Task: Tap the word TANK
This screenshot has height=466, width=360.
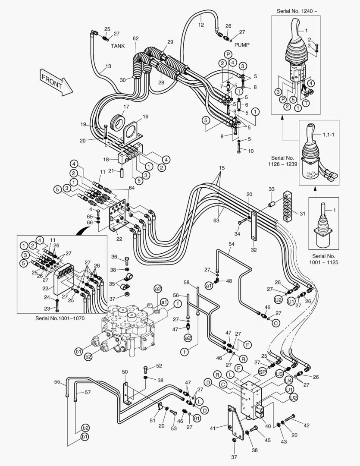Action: [x=118, y=45]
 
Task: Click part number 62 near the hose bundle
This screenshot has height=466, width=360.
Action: [x=135, y=38]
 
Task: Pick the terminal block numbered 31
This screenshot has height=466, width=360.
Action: [x=289, y=206]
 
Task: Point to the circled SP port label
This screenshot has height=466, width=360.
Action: [x=263, y=371]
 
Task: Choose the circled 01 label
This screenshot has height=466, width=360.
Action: [x=197, y=418]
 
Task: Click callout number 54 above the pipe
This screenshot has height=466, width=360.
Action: [x=231, y=244]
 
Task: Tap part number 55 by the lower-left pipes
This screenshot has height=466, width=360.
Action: [x=57, y=382]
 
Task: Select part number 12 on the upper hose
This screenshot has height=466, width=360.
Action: [x=200, y=25]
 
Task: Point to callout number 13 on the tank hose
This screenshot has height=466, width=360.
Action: [x=108, y=66]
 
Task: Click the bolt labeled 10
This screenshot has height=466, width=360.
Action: [x=239, y=149]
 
